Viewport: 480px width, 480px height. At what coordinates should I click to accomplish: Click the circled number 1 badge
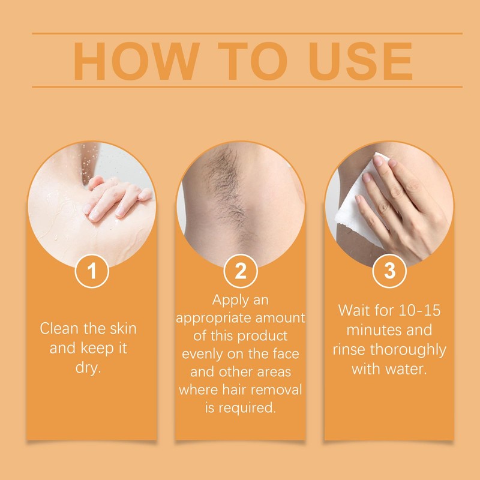point(91,271)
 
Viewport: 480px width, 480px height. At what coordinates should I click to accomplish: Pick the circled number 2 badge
point(241,271)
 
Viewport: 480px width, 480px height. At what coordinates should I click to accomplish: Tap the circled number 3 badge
point(389,271)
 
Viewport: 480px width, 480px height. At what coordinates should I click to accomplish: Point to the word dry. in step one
point(91,367)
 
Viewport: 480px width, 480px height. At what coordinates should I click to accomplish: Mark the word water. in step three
point(404,368)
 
